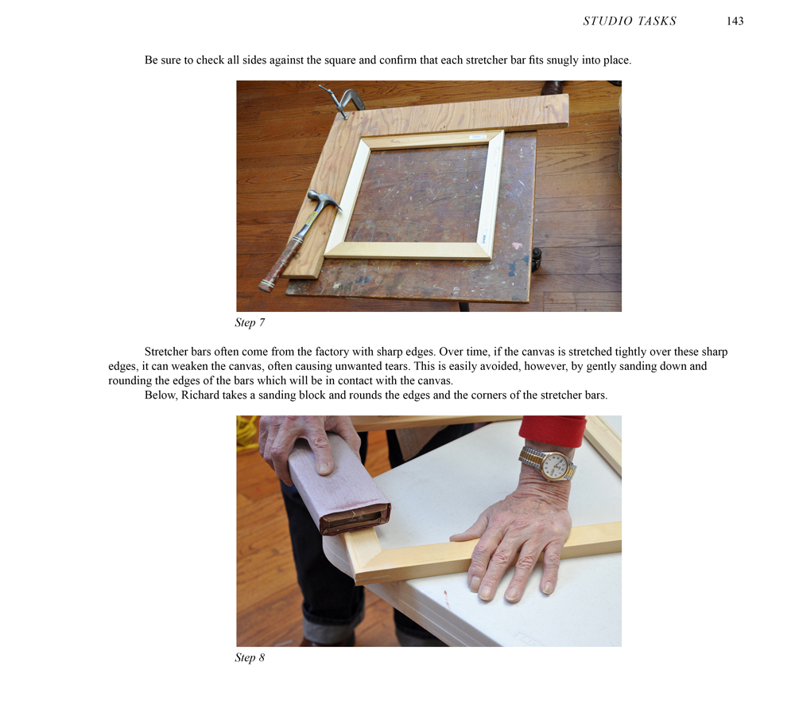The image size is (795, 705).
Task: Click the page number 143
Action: tap(735, 21)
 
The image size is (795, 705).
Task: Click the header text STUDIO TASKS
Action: tap(629, 21)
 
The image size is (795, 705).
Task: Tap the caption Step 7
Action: tap(250, 323)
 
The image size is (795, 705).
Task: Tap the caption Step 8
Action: tap(250, 658)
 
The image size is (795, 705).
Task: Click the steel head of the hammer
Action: tap(324, 200)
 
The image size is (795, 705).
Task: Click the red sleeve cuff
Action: tap(553, 430)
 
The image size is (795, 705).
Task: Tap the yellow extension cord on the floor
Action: tap(247, 433)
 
